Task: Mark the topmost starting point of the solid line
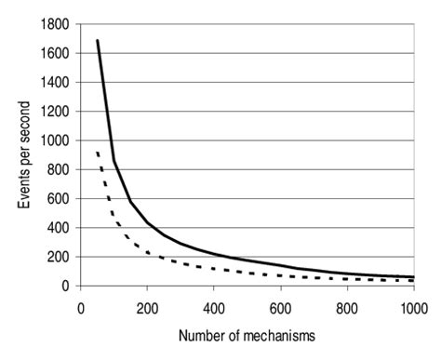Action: tap(98, 41)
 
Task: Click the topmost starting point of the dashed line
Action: tap(98, 152)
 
